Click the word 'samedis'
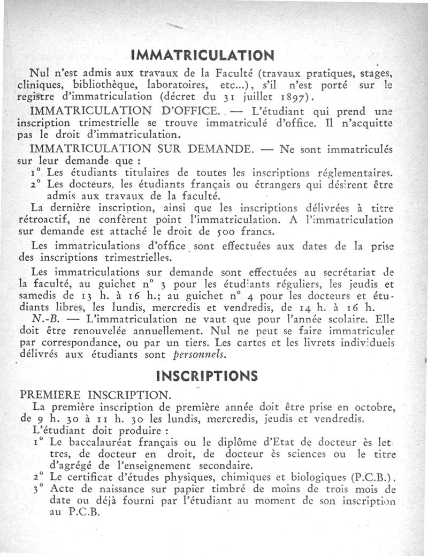37,296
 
